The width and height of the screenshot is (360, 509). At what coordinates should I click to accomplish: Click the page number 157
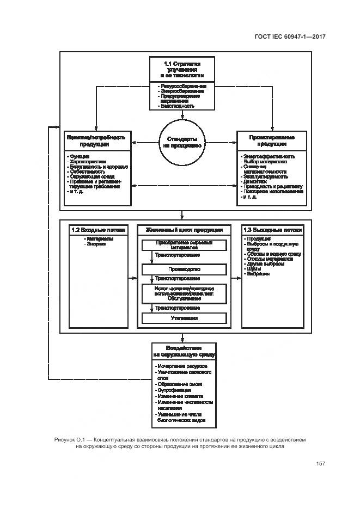click(320, 464)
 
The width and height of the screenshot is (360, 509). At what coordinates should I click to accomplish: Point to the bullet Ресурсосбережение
click(182, 87)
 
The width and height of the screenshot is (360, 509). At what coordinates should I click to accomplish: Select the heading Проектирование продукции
click(272, 141)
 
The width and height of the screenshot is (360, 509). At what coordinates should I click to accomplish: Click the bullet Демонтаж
click(254, 181)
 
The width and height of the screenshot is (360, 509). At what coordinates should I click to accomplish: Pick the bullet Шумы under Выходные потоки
click(254, 268)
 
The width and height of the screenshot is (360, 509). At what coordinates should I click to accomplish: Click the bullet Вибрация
click(258, 274)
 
